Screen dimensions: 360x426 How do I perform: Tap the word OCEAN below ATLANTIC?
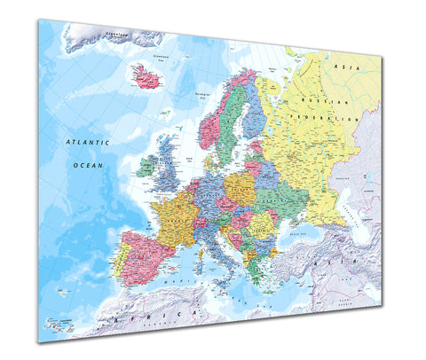[89, 165]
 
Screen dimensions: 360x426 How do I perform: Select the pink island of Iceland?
[146, 79]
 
